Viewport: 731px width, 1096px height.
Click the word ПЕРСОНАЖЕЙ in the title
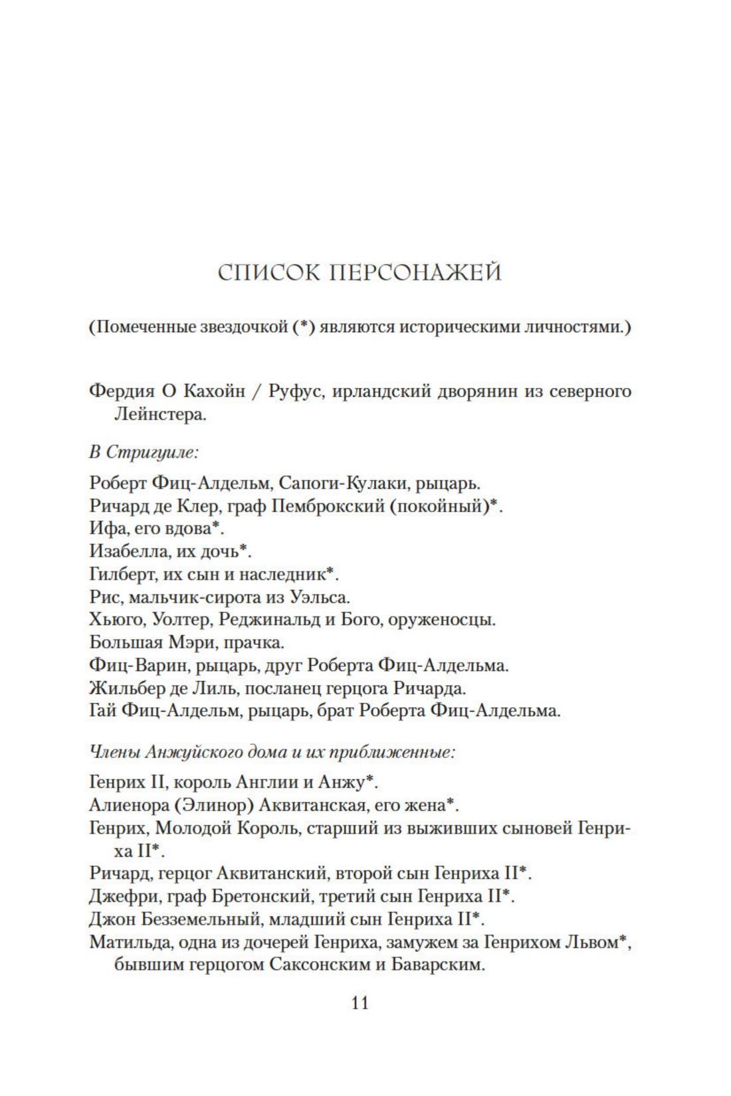(415, 273)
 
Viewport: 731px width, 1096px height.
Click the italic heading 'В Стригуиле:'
(144, 453)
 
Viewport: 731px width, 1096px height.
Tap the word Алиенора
(120, 805)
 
